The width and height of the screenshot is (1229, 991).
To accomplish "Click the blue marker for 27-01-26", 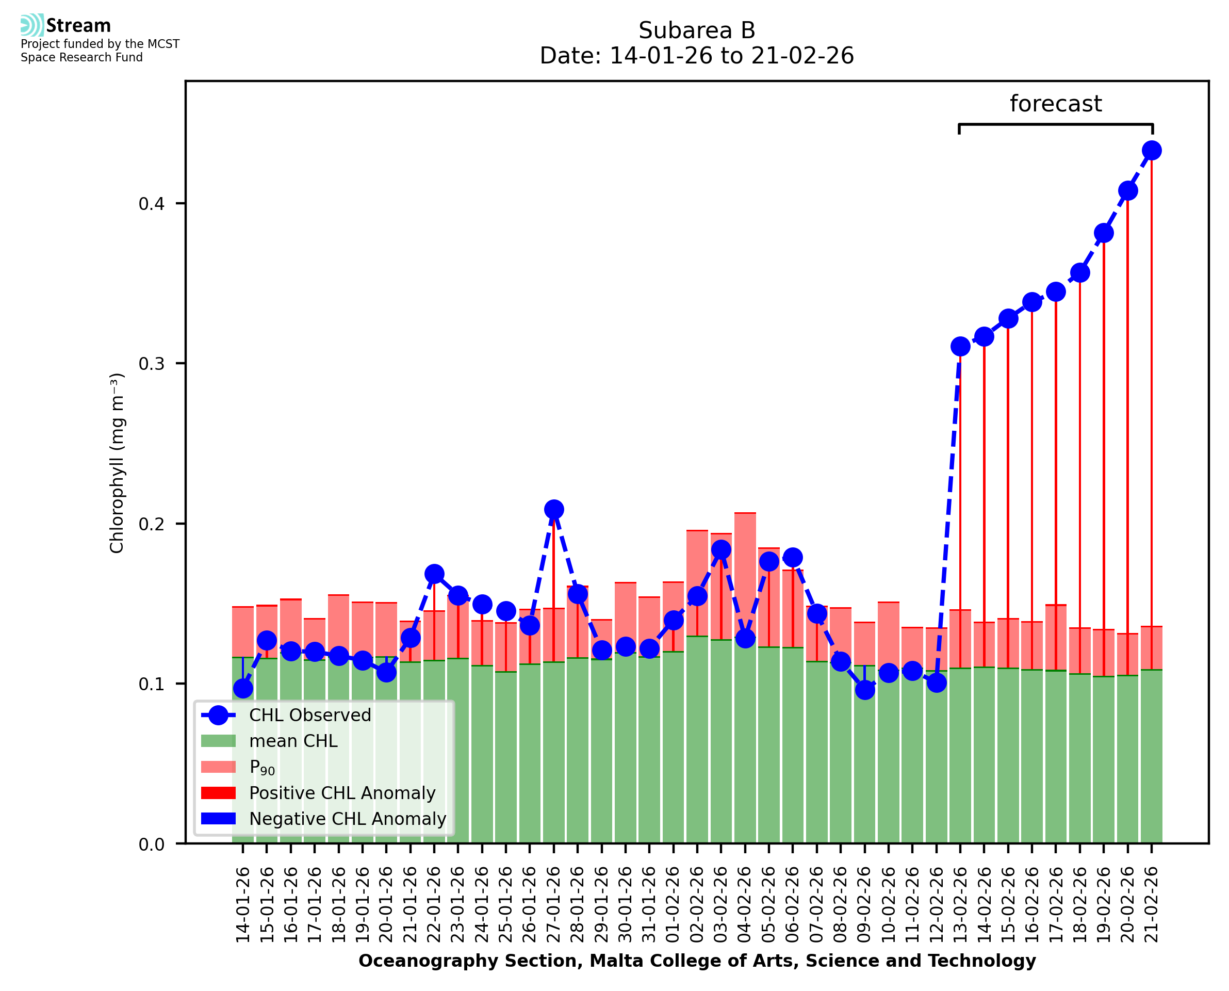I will coord(553,509).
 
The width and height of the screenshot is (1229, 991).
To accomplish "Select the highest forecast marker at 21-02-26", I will coord(1152,151).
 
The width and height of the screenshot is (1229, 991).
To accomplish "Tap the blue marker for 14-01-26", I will coord(243,689).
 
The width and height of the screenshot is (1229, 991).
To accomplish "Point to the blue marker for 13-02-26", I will coord(960,347).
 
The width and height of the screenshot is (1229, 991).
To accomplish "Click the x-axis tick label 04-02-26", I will coord(745,905).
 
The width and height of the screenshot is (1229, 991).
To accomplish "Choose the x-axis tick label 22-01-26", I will coord(434,905).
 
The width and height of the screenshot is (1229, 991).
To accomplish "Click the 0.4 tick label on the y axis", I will coord(152,204).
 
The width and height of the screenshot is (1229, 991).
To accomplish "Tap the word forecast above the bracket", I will coord(1056,104).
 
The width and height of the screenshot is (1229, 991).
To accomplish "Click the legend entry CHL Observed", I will coord(310,716).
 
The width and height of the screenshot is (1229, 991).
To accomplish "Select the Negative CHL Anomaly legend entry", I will coord(347,819).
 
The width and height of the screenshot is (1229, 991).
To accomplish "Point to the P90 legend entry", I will coord(262,767).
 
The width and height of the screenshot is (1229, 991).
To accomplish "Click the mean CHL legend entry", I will coord(293,741).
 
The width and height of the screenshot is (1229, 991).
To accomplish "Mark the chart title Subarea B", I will coord(697,30).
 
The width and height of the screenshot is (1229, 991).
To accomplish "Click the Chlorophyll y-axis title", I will coord(117,462).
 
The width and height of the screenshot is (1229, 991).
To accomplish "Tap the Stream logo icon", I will coord(32,25).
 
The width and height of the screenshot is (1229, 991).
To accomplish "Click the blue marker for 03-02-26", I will coord(721,550).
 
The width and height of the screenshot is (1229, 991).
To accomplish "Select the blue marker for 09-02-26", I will coord(865,690).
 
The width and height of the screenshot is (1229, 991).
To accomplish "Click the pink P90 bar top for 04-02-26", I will coord(745,514).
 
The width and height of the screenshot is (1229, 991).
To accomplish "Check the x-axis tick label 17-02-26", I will coord(1056,905).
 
